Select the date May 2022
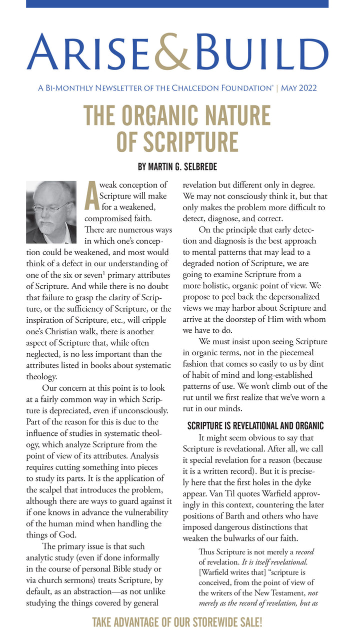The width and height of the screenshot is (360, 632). [299, 89]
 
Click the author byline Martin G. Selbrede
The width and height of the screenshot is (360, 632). [177, 166]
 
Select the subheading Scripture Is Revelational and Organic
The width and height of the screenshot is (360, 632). [255, 426]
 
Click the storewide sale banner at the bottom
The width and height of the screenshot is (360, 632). [177, 622]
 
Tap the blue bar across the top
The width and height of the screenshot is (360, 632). [177, 4]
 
